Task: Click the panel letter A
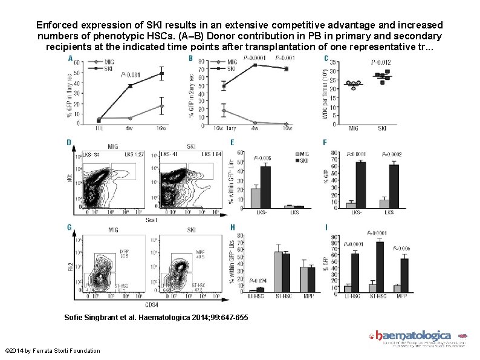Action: [71, 59]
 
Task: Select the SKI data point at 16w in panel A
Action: [161, 74]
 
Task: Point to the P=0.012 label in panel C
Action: [381, 62]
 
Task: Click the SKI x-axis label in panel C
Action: [383, 128]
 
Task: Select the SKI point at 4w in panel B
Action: [255, 65]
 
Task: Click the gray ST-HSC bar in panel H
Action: [279, 272]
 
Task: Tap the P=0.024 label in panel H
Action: [258, 281]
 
